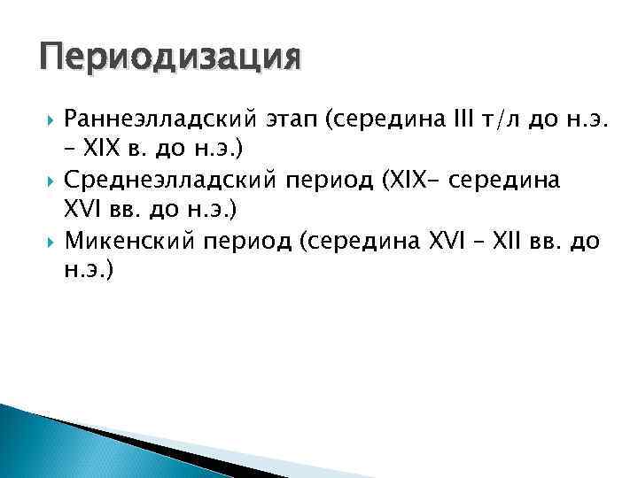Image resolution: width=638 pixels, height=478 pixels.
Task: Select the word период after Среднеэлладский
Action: pos(323,181)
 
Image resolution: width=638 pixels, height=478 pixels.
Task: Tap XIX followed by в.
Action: pos(101,149)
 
